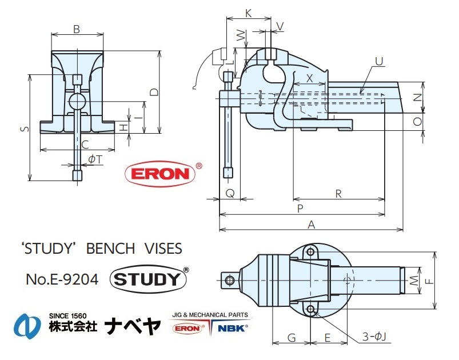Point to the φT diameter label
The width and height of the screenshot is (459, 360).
[x=95, y=159]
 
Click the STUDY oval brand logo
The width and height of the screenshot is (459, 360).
[x=149, y=279]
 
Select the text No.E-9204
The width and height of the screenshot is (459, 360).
[x=62, y=279]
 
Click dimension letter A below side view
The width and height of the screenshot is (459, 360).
[x=311, y=225]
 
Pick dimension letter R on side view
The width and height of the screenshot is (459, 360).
[x=338, y=194]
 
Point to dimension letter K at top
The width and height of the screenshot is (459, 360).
[x=248, y=12]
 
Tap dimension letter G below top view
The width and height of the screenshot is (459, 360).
[x=291, y=338]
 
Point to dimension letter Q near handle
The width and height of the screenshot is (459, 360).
[x=229, y=194]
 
